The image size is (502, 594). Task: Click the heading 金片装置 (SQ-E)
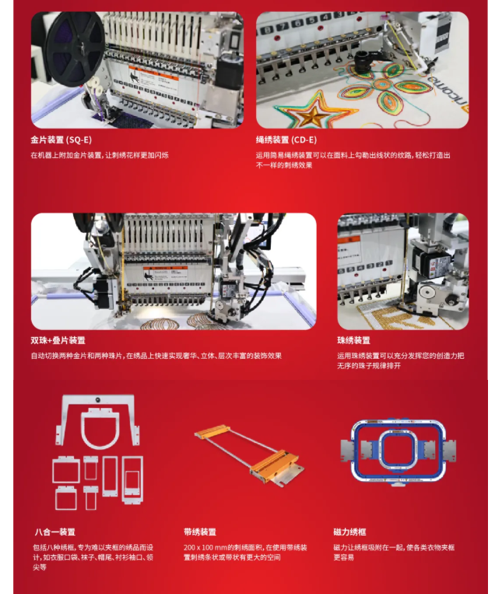click(x=61, y=140)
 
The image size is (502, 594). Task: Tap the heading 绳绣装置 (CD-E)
click(x=286, y=140)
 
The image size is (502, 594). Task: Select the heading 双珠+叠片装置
click(x=58, y=340)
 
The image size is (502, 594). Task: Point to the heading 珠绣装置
click(x=353, y=340)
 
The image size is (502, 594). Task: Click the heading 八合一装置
click(x=55, y=532)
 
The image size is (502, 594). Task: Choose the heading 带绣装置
click(x=200, y=532)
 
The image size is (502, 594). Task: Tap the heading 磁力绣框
click(x=349, y=532)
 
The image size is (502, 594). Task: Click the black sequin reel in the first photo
click(x=75, y=49)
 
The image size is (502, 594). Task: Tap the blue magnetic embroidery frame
click(x=398, y=451)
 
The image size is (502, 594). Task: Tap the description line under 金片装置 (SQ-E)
click(x=100, y=155)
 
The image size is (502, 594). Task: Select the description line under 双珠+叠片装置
click(x=156, y=356)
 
